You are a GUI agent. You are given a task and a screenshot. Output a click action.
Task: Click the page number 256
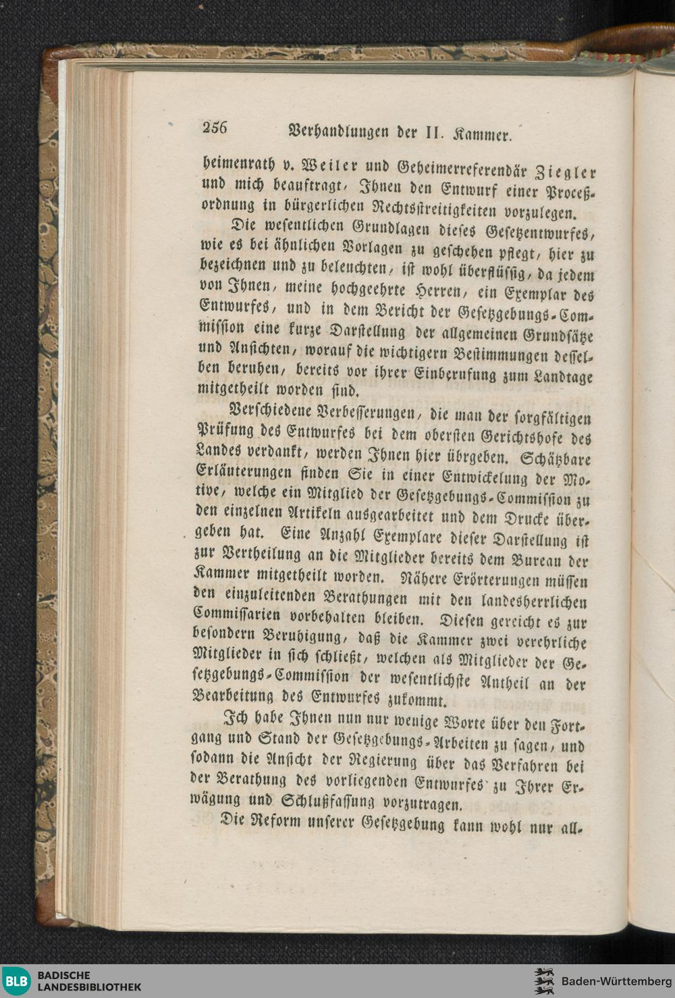pos(215,128)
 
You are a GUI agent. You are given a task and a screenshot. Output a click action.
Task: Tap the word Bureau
pos(531,560)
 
